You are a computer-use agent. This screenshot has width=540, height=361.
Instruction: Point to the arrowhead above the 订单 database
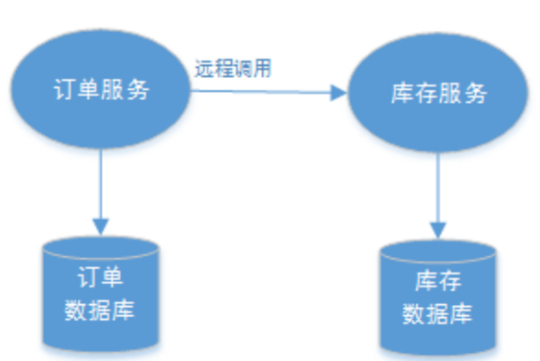(102, 226)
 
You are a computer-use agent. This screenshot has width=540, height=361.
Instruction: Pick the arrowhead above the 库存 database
(438, 230)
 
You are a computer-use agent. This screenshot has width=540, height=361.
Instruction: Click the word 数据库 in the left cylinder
(100, 310)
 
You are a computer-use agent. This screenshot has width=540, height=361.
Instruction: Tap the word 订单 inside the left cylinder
(101, 277)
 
